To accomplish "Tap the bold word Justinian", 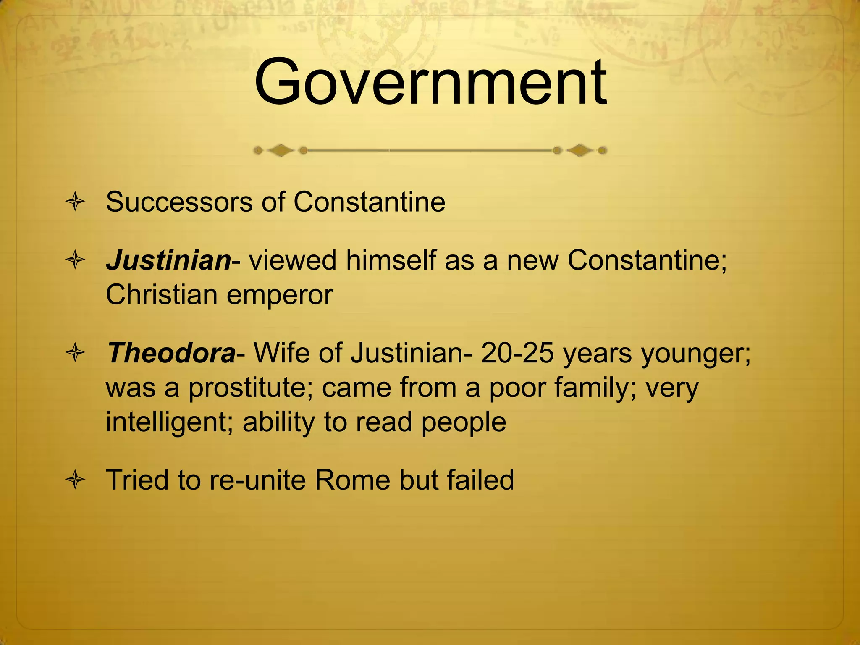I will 168,260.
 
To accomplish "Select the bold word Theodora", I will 171,353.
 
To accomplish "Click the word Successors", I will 179,202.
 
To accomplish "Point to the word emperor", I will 280,295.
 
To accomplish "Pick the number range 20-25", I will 517,353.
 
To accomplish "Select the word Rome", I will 352,480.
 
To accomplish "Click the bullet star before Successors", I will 76,202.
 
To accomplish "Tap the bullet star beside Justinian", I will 76,260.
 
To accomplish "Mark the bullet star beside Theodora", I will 76,353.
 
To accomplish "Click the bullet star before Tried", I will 76,480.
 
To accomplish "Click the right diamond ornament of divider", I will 580,150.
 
